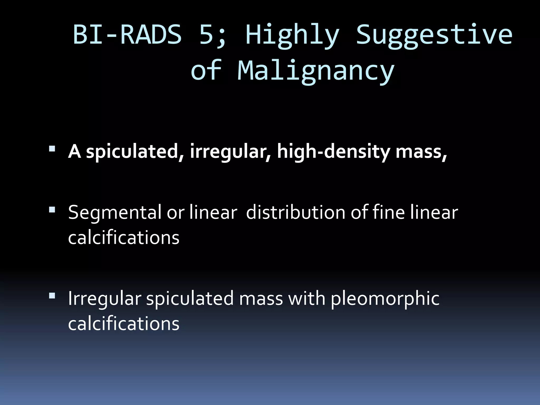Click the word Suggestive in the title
pos(434,36)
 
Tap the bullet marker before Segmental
pos(52,210)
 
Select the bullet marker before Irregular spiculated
pos(52,296)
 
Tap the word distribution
pos(295,213)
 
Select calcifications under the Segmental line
pos(124,238)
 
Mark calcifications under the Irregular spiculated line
pos(124,324)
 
